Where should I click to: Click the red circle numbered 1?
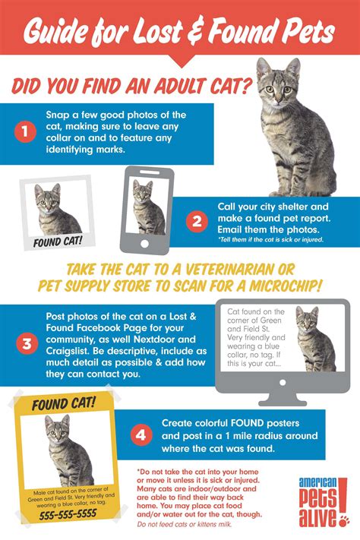tap(25, 131)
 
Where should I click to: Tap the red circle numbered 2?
tap(197, 221)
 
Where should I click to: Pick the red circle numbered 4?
tap(140, 435)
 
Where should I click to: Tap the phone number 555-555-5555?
tap(58, 513)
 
